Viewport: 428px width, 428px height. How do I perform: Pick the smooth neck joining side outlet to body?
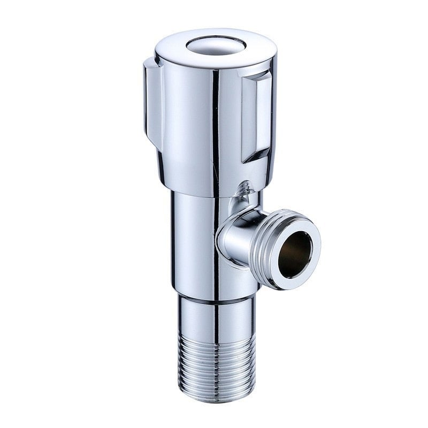click(235, 241)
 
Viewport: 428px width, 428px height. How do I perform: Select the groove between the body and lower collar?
click(214, 297)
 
